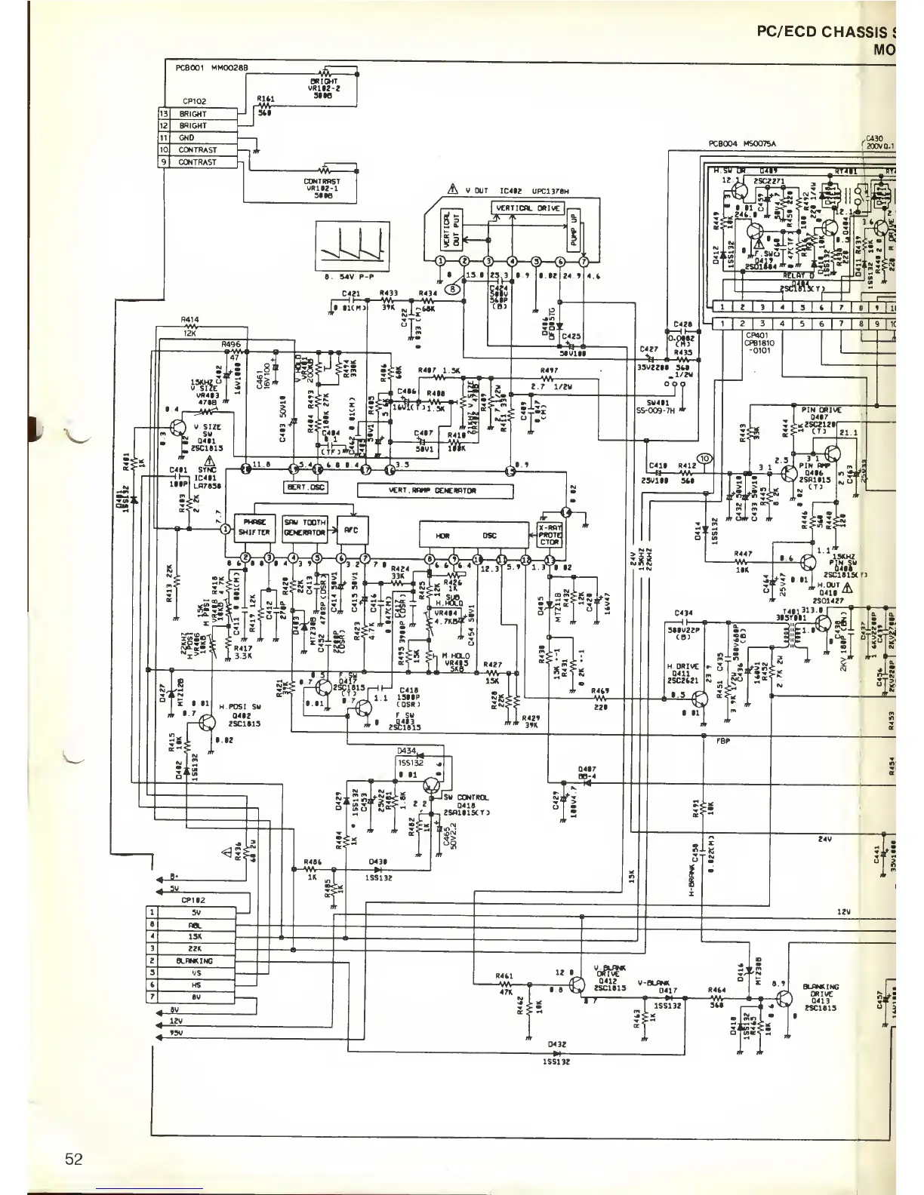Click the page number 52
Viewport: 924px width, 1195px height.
tap(73, 1159)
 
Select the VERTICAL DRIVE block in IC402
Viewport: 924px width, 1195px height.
tap(528, 207)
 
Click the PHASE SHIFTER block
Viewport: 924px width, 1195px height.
tap(254, 527)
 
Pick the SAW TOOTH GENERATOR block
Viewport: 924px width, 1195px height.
tap(305, 527)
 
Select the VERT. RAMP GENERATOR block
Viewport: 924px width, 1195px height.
tap(434, 490)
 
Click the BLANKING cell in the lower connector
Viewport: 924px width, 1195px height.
tap(195, 960)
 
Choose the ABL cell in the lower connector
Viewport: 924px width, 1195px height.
tap(196, 924)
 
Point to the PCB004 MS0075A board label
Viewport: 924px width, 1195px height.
tap(743, 143)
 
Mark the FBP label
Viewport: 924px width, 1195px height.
tap(722, 740)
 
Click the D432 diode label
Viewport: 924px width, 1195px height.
tap(556, 1045)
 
